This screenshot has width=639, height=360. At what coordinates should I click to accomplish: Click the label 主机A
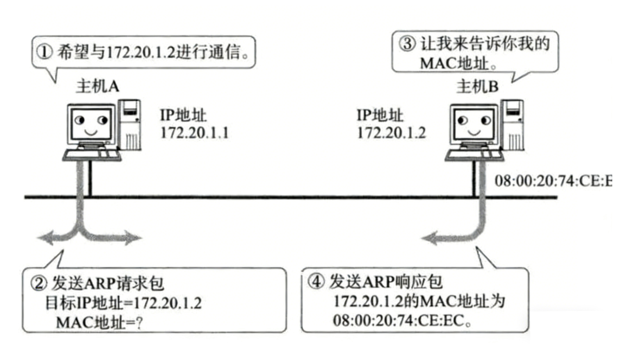coord(97,87)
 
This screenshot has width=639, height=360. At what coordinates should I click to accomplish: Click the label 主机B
coord(477,87)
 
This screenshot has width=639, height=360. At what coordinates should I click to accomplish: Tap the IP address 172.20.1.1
coord(195,132)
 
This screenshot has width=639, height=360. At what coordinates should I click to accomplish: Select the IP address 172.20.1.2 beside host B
coord(391,132)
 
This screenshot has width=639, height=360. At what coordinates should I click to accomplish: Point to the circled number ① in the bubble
coord(45,52)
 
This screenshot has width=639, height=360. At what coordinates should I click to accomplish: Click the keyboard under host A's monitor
coord(93,154)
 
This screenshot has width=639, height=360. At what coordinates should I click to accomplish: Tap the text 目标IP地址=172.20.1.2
coord(123,303)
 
